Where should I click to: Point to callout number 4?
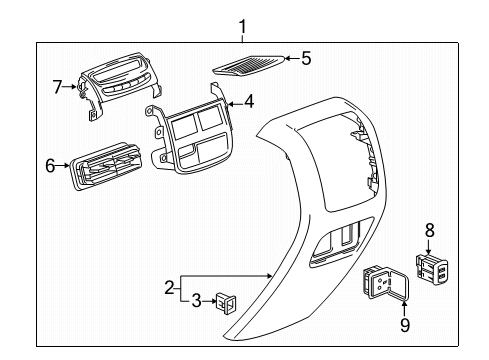pyautogui.click(x=249, y=100)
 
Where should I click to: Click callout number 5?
pyautogui.click(x=306, y=59)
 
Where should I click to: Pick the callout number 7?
pyautogui.click(x=57, y=87)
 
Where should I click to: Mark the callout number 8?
pyautogui.click(x=430, y=230)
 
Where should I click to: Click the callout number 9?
pyautogui.click(x=406, y=324)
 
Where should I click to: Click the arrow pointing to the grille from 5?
pyautogui.click(x=289, y=59)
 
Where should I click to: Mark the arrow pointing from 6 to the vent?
pyautogui.click(x=64, y=166)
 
